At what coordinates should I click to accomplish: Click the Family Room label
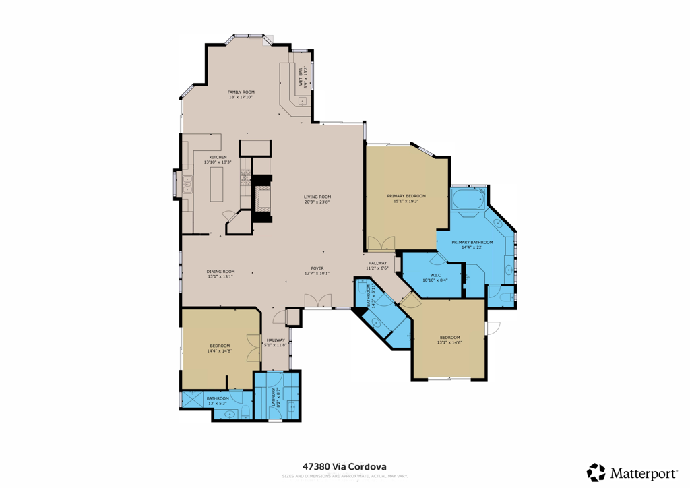point(241,92)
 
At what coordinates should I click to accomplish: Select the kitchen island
point(216,184)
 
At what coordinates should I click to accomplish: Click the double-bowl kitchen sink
point(187,184)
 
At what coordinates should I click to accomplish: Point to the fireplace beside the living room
point(263,199)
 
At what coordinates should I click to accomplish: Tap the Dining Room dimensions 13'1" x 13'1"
point(220,276)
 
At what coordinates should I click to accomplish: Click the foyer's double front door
point(317,301)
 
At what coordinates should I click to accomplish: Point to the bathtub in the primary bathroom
point(468,200)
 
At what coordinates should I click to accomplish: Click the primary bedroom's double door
point(381,243)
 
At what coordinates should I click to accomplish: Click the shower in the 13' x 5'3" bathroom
point(193,399)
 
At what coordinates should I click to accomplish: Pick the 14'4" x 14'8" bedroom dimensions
point(220,351)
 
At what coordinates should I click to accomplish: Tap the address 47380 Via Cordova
point(344,466)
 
